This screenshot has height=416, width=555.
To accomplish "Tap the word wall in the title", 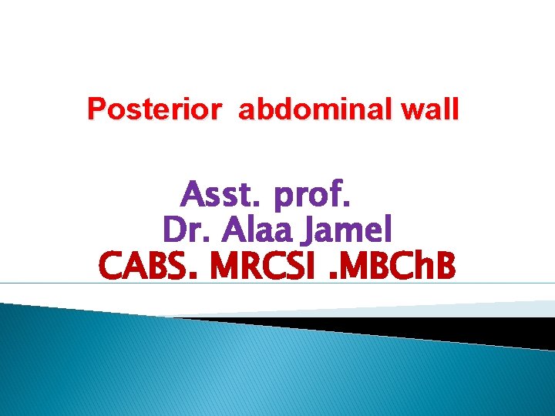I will tap(432, 109).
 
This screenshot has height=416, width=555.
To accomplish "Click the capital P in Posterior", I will tap(96, 109).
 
